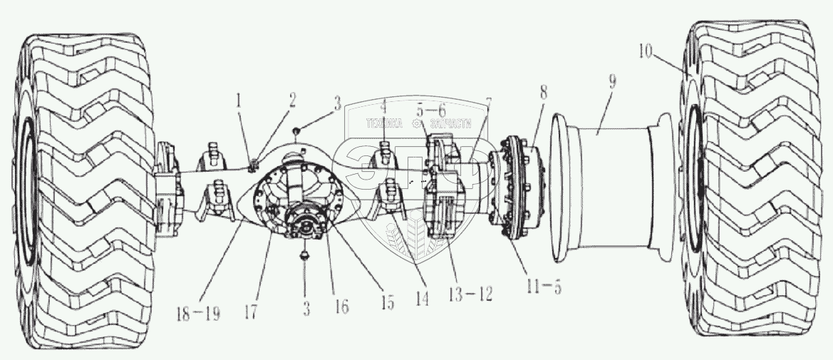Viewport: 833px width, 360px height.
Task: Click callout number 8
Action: pyautogui.click(x=544, y=92)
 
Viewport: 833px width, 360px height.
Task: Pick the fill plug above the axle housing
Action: pyautogui.click(x=296, y=131)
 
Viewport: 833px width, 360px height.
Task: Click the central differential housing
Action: pyautogui.click(x=299, y=192)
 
